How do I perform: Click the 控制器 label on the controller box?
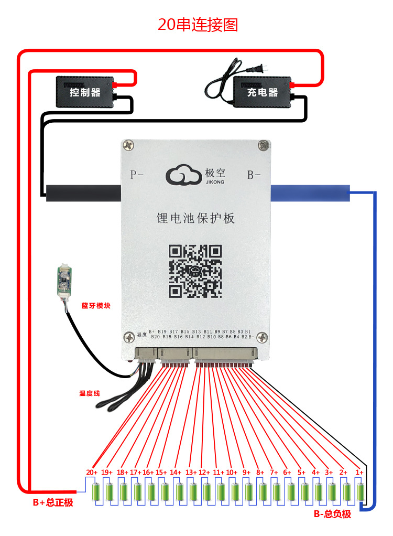85,93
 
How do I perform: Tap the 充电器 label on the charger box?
262,93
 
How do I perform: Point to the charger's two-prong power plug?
258,69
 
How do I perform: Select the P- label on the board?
137,175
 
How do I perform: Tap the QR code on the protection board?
195,270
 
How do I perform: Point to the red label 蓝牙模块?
96,306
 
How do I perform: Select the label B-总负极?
332,514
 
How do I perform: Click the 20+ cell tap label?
92,473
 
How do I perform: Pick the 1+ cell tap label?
359,473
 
